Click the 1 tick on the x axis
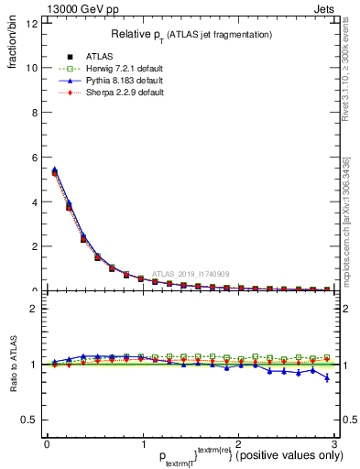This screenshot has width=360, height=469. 142,443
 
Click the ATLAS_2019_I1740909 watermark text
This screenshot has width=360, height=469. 193,273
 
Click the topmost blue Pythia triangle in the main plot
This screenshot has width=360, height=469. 55,169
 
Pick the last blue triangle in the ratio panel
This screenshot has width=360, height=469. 327,377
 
